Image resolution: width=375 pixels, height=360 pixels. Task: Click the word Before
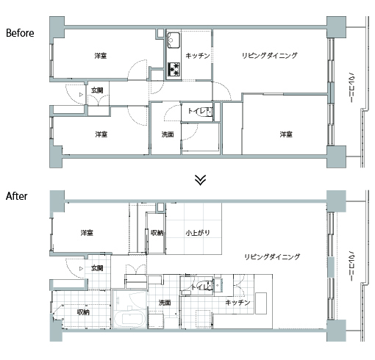pyautogui.click(x=20, y=33)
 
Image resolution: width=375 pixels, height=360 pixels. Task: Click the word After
pyautogui.click(x=16, y=196)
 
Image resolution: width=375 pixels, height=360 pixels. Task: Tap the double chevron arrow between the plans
pyautogui.click(x=200, y=180)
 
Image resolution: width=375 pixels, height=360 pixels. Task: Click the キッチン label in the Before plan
pyautogui.click(x=198, y=56)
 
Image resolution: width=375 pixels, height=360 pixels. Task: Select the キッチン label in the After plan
pyautogui.click(x=238, y=303)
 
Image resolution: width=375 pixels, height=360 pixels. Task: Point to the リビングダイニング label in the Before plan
pyautogui.click(x=270, y=56)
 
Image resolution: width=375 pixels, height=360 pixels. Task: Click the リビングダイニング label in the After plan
pyautogui.click(x=272, y=257)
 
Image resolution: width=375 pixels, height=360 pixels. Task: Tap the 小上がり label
pyautogui.click(x=198, y=233)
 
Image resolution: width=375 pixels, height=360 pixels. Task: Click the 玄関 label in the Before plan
pyautogui.click(x=97, y=90)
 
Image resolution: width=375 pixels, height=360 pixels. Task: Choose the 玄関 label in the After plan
pyautogui.click(x=97, y=268)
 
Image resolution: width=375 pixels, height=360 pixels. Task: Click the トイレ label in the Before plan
pyautogui.click(x=198, y=111)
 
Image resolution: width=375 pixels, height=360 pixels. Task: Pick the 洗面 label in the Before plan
pyautogui.click(x=168, y=134)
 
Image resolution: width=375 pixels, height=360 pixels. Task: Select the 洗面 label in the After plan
pyautogui.click(x=165, y=303)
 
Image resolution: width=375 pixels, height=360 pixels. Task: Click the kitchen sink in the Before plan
pyautogui.click(x=174, y=40)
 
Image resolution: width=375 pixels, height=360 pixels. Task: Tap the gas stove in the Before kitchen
pyautogui.click(x=174, y=69)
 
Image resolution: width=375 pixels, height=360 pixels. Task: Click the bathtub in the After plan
pyautogui.click(x=129, y=319)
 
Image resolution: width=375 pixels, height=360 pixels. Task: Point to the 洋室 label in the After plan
pyautogui.click(x=87, y=233)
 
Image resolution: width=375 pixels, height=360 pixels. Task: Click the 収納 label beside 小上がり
pyautogui.click(x=157, y=233)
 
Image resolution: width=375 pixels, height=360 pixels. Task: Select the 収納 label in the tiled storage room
pyautogui.click(x=83, y=312)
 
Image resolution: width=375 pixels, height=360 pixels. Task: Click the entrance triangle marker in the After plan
pyautogui.click(x=81, y=269)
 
